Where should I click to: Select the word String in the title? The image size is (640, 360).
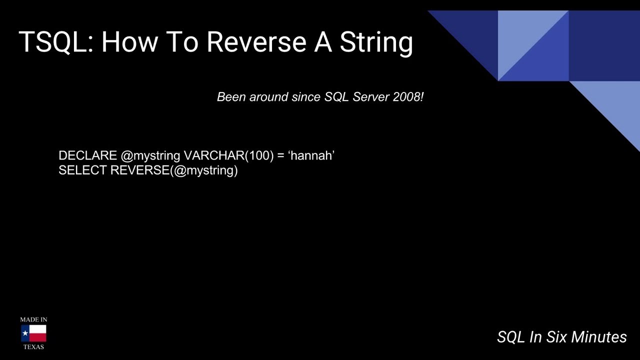click(x=376, y=42)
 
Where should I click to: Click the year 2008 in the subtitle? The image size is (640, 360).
click(x=407, y=97)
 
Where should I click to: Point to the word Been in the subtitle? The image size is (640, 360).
click(x=231, y=97)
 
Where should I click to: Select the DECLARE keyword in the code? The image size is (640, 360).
click(x=87, y=155)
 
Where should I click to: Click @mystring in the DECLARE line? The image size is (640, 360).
click(x=150, y=155)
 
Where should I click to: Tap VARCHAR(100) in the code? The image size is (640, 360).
click(x=228, y=155)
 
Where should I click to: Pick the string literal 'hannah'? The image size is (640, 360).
click(x=311, y=155)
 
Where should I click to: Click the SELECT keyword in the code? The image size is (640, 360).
click(x=82, y=170)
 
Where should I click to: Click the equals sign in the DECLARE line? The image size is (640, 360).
click(x=280, y=156)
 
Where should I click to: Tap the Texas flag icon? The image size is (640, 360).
click(x=33, y=333)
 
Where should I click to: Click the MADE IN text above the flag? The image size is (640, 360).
click(x=33, y=319)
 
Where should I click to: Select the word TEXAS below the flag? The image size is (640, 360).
click(x=33, y=347)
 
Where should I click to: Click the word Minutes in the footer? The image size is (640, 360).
click(x=598, y=337)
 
